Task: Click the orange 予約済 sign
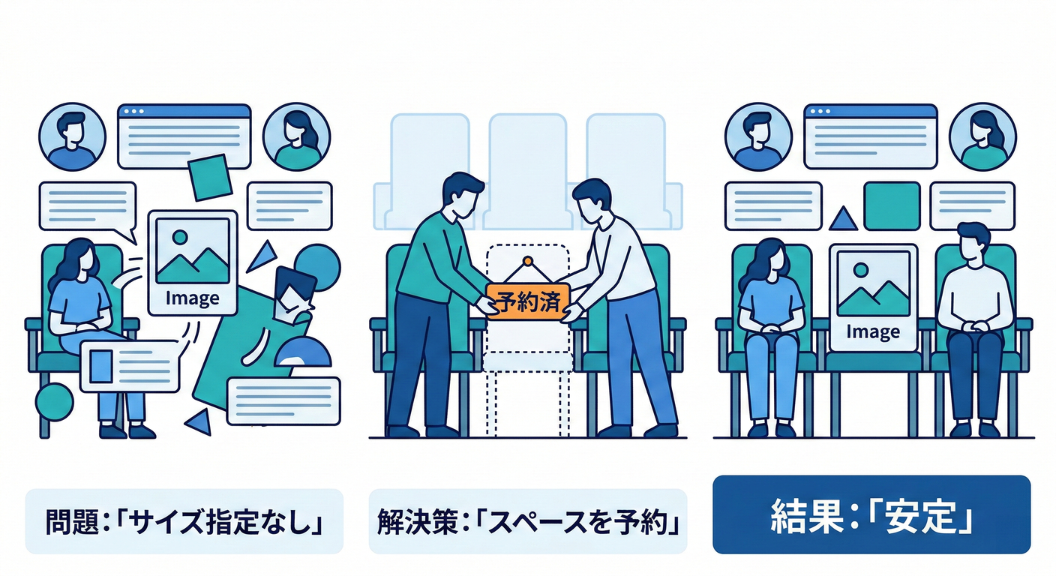[x=528, y=301]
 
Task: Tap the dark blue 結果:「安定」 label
[x=871, y=514]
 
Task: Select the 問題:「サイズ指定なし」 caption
[x=184, y=521]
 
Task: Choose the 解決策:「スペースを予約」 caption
[x=528, y=521]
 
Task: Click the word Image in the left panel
[x=192, y=298]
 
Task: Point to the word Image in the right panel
[x=873, y=331]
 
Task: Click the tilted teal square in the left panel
[x=210, y=178]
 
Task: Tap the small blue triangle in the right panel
[x=843, y=219]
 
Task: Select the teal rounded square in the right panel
[x=892, y=206]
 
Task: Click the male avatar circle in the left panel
[x=72, y=136]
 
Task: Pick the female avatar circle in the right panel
[x=982, y=136]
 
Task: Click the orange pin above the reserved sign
[x=528, y=261]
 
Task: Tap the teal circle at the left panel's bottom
[x=55, y=402]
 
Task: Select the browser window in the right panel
[x=870, y=136]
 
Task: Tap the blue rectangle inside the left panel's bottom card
[x=101, y=366]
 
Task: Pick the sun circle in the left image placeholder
[x=179, y=237]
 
